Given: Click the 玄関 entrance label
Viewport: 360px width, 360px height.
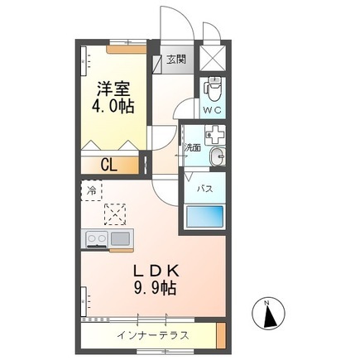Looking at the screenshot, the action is pyautogui.click(x=176, y=60).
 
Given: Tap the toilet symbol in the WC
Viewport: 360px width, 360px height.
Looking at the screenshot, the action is pyautogui.click(x=212, y=89).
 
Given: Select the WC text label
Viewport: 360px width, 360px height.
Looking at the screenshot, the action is pyautogui.click(x=212, y=110).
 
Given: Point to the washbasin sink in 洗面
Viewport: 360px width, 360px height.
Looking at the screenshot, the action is pyautogui.click(x=218, y=156).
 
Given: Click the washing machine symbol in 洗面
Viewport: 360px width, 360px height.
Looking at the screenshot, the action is pyautogui.click(x=215, y=135).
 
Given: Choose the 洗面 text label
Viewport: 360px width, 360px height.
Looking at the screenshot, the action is pyautogui.click(x=193, y=148).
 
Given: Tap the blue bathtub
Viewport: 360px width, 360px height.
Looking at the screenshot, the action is pyautogui.click(x=205, y=217).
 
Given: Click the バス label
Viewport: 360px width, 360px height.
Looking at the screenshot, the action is pyautogui.click(x=205, y=190).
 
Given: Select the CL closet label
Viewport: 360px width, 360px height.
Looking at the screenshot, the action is pyautogui.click(x=109, y=166).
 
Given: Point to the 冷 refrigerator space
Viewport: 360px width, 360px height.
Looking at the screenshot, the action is pyautogui.click(x=92, y=190).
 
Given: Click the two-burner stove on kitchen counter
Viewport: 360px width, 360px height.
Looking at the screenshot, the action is pyautogui.click(x=97, y=238).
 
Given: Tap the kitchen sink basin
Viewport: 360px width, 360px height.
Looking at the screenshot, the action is pyautogui.click(x=120, y=238).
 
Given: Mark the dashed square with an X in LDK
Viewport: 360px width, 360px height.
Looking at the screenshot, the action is pyautogui.click(x=115, y=214).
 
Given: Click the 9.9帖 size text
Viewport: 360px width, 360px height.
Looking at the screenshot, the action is pyautogui.click(x=155, y=288).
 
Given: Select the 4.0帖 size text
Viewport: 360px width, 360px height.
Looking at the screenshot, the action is pyautogui.click(x=113, y=106).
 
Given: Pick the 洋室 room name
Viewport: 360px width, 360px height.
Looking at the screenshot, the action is pyautogui.click(x=113, y=89).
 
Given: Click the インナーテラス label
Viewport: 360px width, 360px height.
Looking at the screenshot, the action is pyautogui.click(x=153, y=336).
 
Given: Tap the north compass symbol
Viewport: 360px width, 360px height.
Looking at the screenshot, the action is pyautogui.click(x=268, y=315).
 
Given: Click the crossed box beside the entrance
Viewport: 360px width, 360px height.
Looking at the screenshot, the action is pyautogui.click(x=213, y=58).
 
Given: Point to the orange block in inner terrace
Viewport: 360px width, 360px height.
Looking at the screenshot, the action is pyautogui.click(x=221, y=335).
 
